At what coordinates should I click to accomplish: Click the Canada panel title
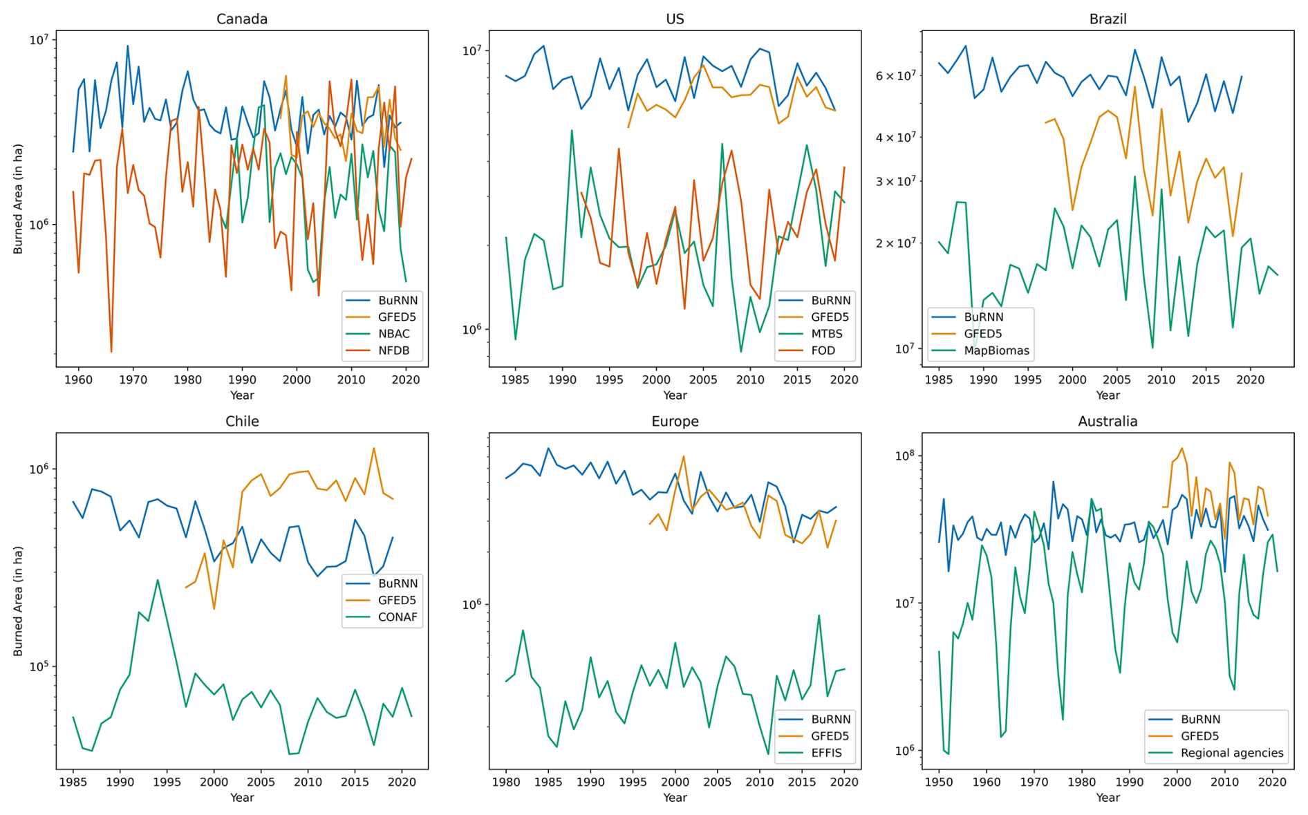point(241,19)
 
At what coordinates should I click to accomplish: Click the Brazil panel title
point(1108,19)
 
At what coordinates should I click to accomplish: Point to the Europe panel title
point(675,421)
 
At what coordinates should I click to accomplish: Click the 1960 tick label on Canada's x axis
point(78,380)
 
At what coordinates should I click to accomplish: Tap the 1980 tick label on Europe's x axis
point(506,782)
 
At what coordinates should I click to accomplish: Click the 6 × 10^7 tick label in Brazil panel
point(895,75)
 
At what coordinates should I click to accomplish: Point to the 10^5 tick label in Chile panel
point(39,667)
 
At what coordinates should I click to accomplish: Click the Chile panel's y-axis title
point(18,601)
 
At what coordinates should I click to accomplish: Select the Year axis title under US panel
point(675,395)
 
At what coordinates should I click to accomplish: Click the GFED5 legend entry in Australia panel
point(1199,736)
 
